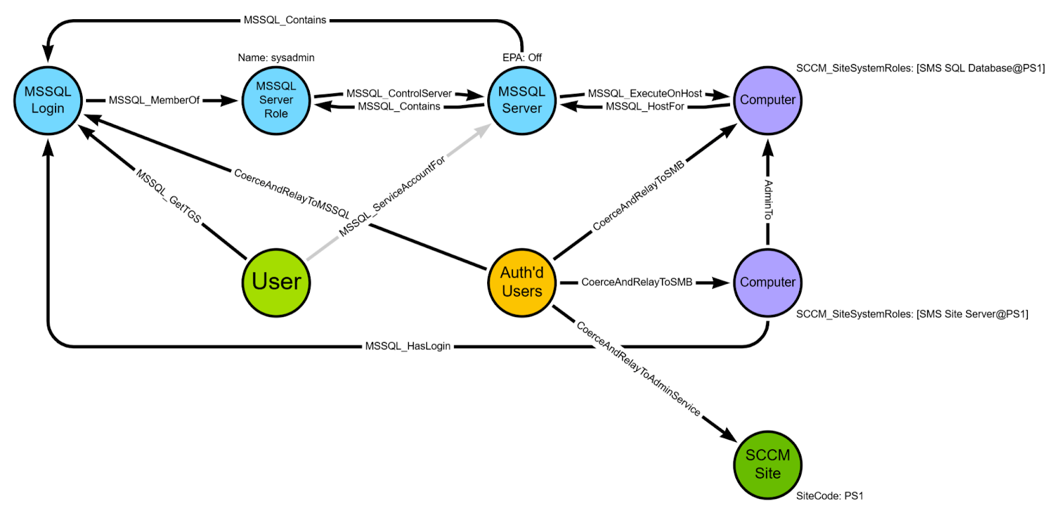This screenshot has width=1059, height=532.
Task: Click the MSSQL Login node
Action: [48, 101]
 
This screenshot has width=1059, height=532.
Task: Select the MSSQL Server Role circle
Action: [276, 101]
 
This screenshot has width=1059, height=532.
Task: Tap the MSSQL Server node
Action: [522, 101]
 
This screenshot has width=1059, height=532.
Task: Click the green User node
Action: [276, 283]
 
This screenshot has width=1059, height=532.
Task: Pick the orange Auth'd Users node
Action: [522, 283]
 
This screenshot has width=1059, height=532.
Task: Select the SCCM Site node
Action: [767, 465]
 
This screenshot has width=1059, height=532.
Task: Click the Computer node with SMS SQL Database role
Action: [767, 101]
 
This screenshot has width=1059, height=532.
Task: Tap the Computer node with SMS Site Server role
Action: [767, 283]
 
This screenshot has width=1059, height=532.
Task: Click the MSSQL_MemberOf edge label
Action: [154, 101]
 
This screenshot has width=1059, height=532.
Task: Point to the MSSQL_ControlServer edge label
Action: [398, 93]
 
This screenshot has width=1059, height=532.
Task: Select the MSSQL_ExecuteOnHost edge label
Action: [645, 93]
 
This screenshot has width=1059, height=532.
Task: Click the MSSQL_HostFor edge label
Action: [645, 107]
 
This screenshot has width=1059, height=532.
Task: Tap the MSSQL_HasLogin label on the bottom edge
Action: [408, 346]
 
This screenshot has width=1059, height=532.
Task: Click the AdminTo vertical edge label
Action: [768, 200]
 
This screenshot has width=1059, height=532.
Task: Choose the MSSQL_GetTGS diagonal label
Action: [168, 196]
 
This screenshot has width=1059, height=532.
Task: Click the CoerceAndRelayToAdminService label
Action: [638, 369]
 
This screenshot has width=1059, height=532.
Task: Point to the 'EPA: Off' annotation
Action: [522, 58]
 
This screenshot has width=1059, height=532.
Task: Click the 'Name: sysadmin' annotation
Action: [276, 58]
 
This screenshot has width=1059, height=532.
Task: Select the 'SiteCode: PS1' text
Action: [829, 496]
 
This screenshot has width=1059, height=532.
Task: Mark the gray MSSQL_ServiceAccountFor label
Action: [392, 197]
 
